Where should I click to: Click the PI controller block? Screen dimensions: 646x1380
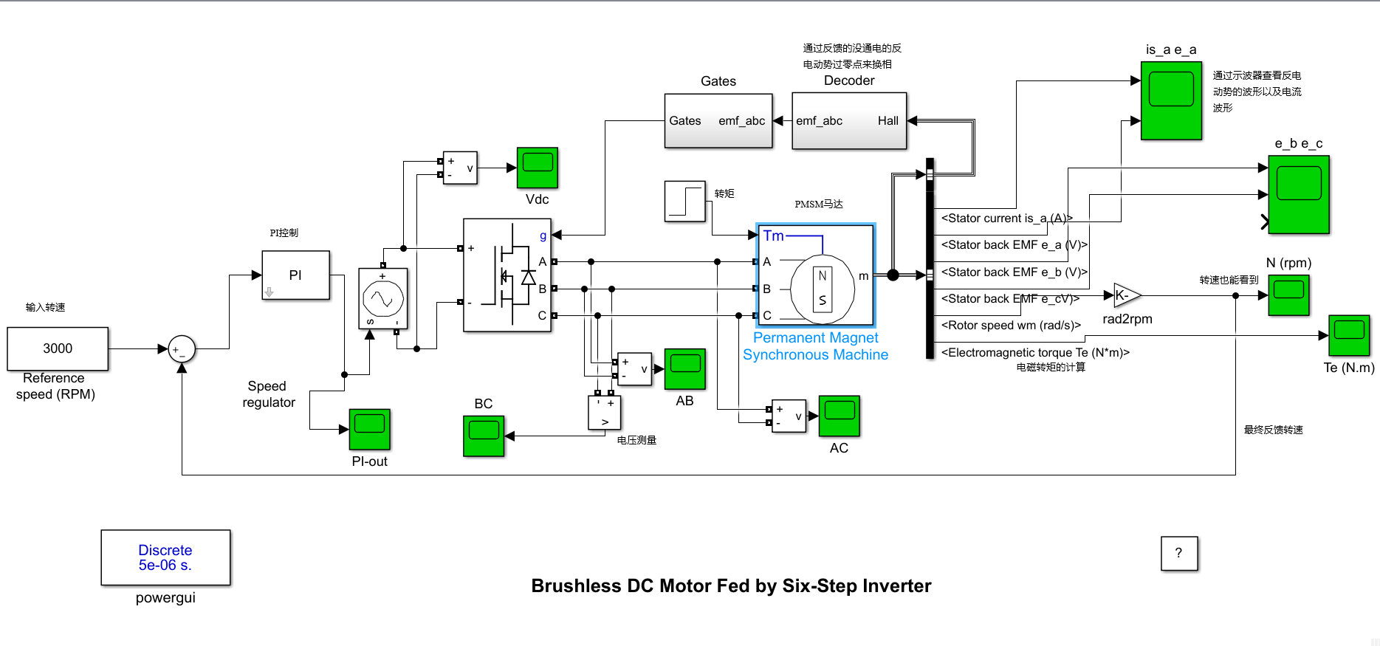295,275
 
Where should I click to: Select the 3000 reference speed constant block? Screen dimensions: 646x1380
58,348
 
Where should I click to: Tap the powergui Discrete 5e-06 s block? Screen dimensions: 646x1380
165,557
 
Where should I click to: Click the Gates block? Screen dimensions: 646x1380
718,121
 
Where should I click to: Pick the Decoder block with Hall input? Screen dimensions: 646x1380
848,121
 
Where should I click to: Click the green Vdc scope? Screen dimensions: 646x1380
537,168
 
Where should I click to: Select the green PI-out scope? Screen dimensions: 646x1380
369,429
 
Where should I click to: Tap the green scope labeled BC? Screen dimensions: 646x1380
484,436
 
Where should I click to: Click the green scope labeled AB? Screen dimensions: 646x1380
684,368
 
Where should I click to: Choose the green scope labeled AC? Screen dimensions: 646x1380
839,416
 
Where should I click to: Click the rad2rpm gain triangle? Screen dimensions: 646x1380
1125,295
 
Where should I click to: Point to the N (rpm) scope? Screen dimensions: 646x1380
1288,295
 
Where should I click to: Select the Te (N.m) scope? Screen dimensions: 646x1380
1349,335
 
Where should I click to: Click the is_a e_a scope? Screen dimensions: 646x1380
1171,100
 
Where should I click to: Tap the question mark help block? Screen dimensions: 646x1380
1178,553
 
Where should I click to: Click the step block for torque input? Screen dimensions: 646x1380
685,202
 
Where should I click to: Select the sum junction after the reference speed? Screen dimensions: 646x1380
182,349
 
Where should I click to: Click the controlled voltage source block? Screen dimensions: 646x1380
382,298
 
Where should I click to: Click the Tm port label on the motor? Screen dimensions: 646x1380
773,236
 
